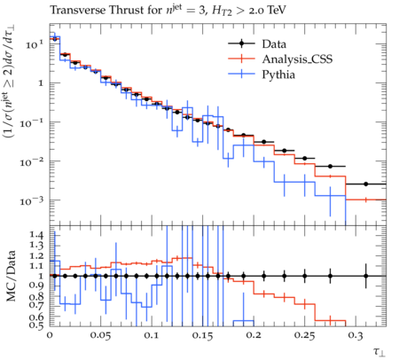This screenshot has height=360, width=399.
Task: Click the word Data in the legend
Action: click(274, 44)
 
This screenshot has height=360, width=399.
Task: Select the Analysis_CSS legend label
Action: click(297, 59)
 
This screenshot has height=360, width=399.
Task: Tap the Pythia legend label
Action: click(278, 74)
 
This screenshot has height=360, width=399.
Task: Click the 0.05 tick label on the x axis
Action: click(100, 335)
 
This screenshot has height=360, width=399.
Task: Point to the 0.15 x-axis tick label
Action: click(202, 335)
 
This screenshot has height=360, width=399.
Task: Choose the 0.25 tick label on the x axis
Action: click(304, 335)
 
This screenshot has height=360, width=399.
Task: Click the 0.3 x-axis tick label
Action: click(356, 335)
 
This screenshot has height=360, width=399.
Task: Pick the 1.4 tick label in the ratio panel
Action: click(36, 235)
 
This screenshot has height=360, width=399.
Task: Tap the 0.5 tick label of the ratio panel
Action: click(36, 325)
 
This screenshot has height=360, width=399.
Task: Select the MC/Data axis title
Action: click(11, 276)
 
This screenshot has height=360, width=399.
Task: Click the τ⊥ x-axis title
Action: click(379, 352)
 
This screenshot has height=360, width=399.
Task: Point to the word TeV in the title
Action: click(277, 11)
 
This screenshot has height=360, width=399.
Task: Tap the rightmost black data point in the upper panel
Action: click(366, 184)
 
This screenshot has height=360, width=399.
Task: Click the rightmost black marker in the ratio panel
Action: click(366, 276)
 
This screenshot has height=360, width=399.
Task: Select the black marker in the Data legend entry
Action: click(241, 43)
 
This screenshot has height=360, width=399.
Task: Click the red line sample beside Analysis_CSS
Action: click(241, 59)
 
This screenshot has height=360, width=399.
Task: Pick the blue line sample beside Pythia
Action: click(241, 74)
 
